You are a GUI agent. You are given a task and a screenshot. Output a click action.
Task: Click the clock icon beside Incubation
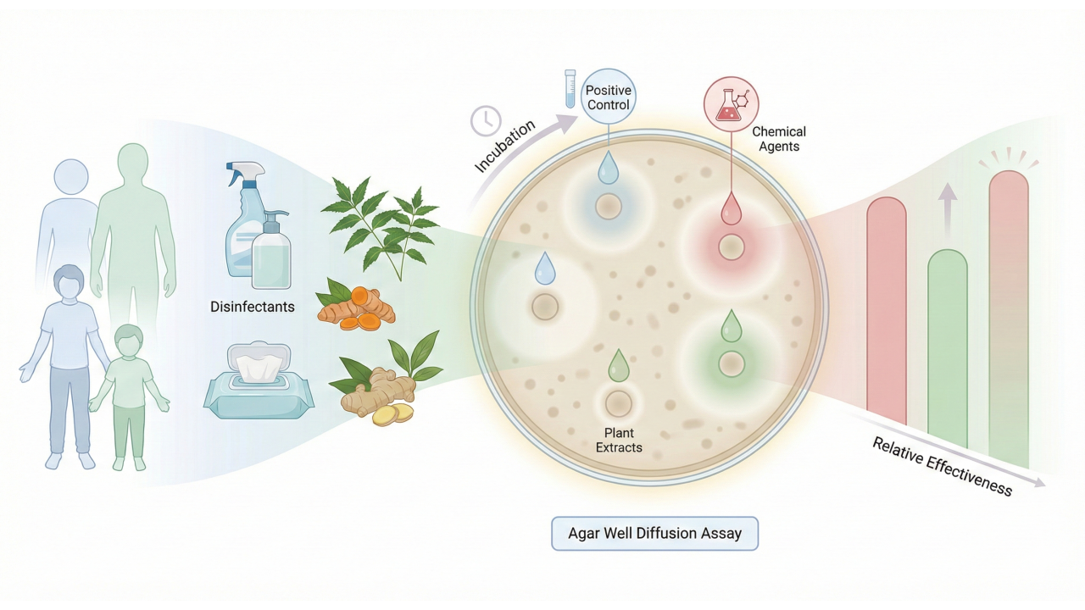[486, 120]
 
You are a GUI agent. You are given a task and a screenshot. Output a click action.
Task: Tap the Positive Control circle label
[609, 97]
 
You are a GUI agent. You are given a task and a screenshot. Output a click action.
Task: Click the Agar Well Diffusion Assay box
[654, 534]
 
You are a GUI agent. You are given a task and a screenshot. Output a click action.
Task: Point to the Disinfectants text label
[253, 307]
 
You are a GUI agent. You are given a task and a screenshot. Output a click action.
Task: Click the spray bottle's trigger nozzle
[238, 175]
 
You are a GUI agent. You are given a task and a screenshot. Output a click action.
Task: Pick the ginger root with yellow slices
[381, 395]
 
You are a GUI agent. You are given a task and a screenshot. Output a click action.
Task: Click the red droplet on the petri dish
[731, 209]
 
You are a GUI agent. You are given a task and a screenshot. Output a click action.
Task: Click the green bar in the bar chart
[947, 347]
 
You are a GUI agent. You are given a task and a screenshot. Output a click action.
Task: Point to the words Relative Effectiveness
[942, 466]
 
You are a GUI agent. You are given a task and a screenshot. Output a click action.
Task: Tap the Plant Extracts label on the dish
[619, 440]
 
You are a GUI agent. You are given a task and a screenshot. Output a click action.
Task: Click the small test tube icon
[570, 89]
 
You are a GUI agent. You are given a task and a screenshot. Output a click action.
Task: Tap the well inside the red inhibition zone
[731, 247]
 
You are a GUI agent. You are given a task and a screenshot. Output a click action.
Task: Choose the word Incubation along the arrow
[505, 147]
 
